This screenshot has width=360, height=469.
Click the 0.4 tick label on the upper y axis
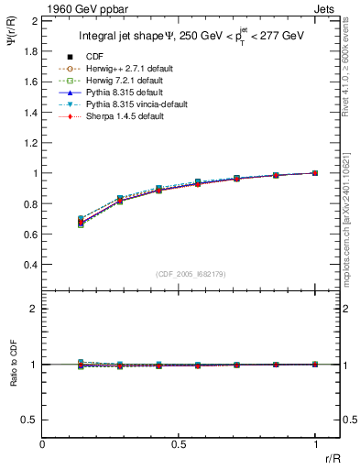[31, 265]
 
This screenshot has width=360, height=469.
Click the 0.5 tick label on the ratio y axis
[31, 420]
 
